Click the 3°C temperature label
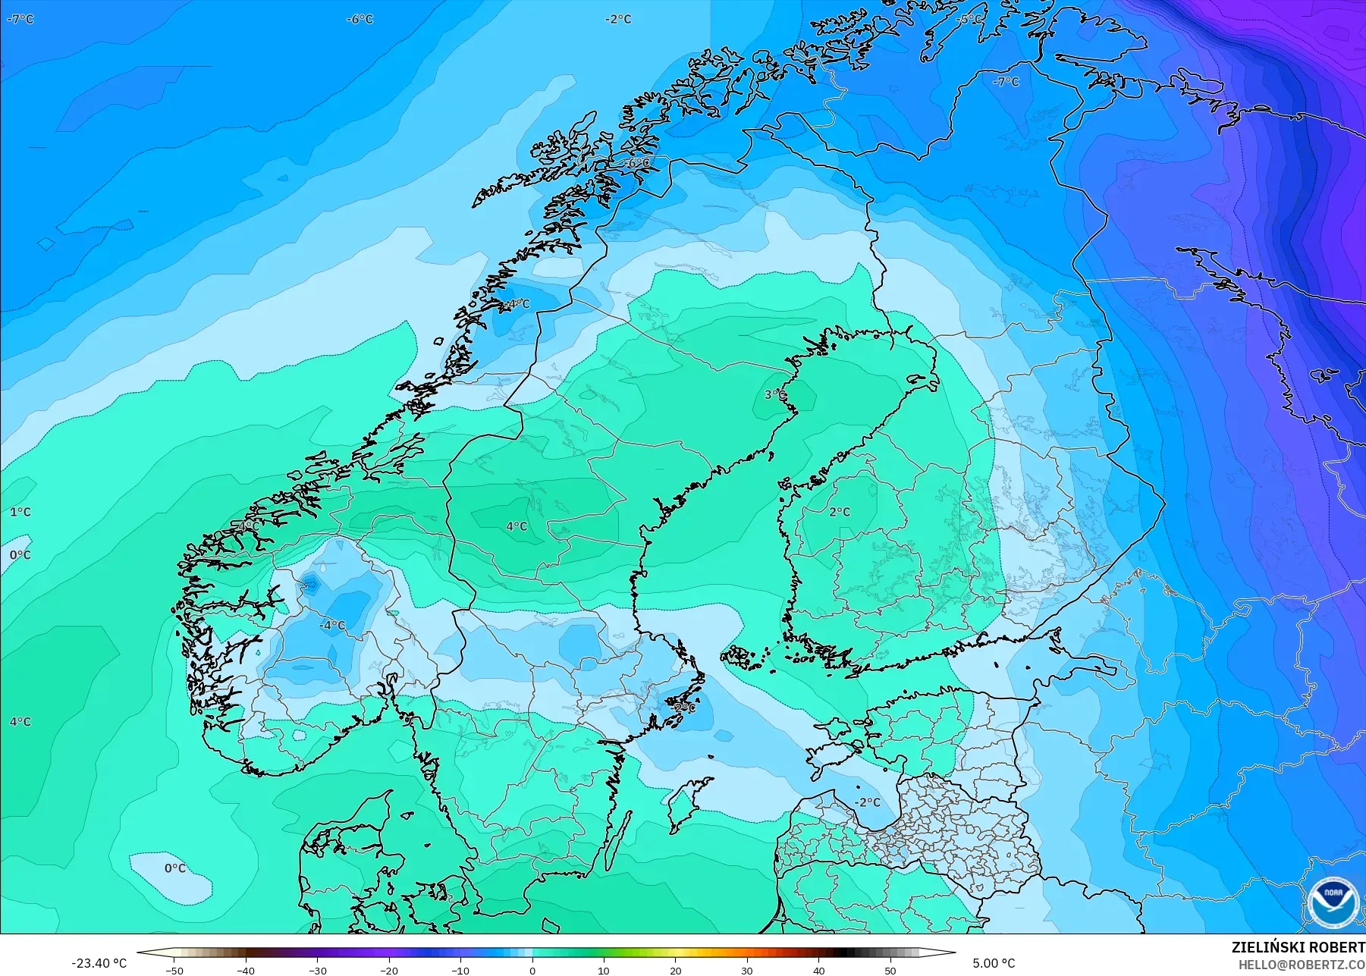(774, 394)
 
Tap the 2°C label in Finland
(840, 512)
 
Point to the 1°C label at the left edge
(20, 512)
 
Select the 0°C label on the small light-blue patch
(175, 868)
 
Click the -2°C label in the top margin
(618, 19)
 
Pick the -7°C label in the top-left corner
(20, 19)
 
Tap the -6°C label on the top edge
(360, 19)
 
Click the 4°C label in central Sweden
(517, 526)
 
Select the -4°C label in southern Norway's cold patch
(332, 626)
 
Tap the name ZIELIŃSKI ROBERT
(1298, 947)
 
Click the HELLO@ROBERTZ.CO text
(1302, 965)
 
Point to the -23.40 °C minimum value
(99, 963)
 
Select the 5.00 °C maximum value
(994, 963)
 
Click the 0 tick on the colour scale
(532, 970)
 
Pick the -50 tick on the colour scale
(174, 970)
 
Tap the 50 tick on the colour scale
(890, 970)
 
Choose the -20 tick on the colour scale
(389, 970)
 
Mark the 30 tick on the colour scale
(747, 970)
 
